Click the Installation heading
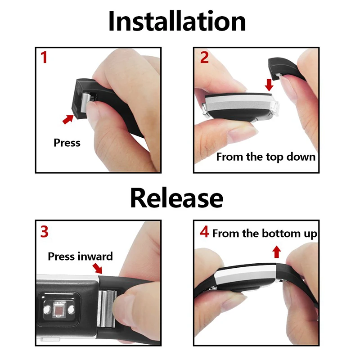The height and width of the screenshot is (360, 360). [177, 21]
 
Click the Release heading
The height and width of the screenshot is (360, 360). [176, 198]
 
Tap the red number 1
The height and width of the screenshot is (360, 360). [44, 57]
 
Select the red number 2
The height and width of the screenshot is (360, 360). [204, 57]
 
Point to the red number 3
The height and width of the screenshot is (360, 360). [44, 232]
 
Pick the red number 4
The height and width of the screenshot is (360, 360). [204, 232]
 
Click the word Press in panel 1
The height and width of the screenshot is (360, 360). [67, 143]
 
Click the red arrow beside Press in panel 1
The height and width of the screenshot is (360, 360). [68, 119]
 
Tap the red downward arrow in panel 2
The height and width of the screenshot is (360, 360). [269, 85]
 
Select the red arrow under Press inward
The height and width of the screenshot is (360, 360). [98, 268]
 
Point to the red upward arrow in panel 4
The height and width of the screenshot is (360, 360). [277, 252]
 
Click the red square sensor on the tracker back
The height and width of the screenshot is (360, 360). [59, 310]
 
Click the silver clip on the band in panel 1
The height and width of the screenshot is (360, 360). [87, 103]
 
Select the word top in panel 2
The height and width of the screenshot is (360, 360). [274, 157]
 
